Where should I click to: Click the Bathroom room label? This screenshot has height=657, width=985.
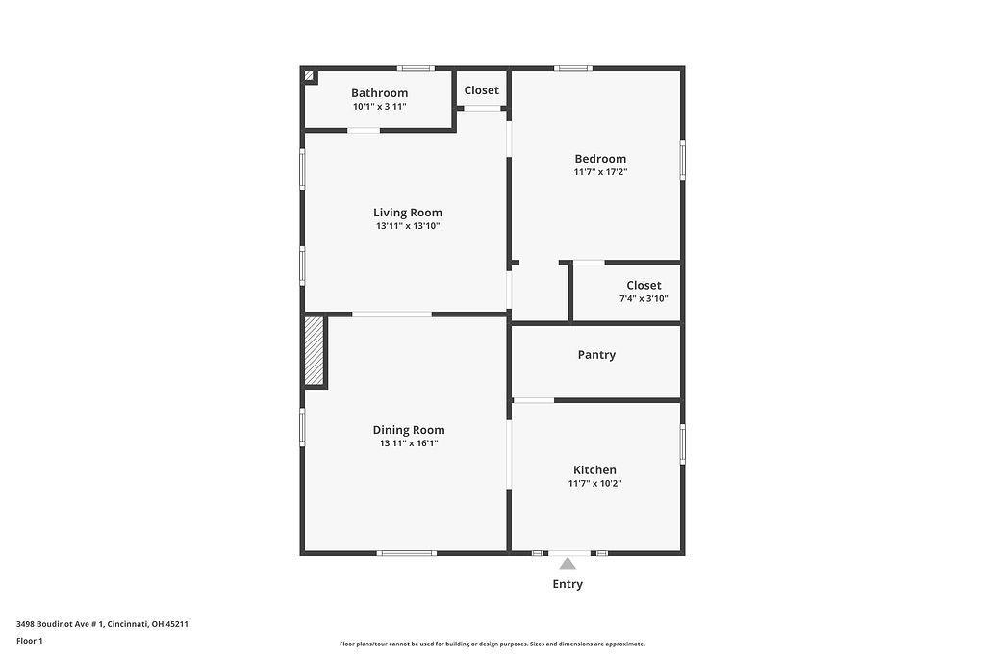[379, 93]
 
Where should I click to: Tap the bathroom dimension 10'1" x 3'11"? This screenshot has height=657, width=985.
[379, 107]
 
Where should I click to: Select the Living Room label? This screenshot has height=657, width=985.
[408, 213]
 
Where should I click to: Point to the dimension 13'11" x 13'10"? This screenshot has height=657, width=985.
[408, 226]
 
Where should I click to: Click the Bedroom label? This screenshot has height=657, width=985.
[600, 159]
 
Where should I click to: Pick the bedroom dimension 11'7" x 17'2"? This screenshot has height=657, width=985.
[600, 172]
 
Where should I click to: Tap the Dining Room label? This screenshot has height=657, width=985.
[409, 430]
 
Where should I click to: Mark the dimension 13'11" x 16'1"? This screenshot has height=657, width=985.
[409, 443]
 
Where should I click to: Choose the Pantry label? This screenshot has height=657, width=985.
[596, 355]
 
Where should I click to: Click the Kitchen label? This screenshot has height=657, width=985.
[594, 470]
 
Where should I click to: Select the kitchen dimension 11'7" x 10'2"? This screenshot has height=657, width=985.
[594, 484]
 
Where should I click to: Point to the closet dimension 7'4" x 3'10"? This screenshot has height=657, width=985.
[644, 299]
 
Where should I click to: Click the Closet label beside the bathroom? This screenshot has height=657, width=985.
[481, 90]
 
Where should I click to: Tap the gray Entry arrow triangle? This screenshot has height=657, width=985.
[568, 564]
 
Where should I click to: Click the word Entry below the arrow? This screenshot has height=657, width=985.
[568, 584]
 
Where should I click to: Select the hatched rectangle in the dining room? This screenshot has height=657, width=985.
[314, 351]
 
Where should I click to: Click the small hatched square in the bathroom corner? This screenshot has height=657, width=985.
[310, 76]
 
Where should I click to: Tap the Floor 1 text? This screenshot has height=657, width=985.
[30, 641]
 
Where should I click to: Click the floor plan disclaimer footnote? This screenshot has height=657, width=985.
[492, 644]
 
